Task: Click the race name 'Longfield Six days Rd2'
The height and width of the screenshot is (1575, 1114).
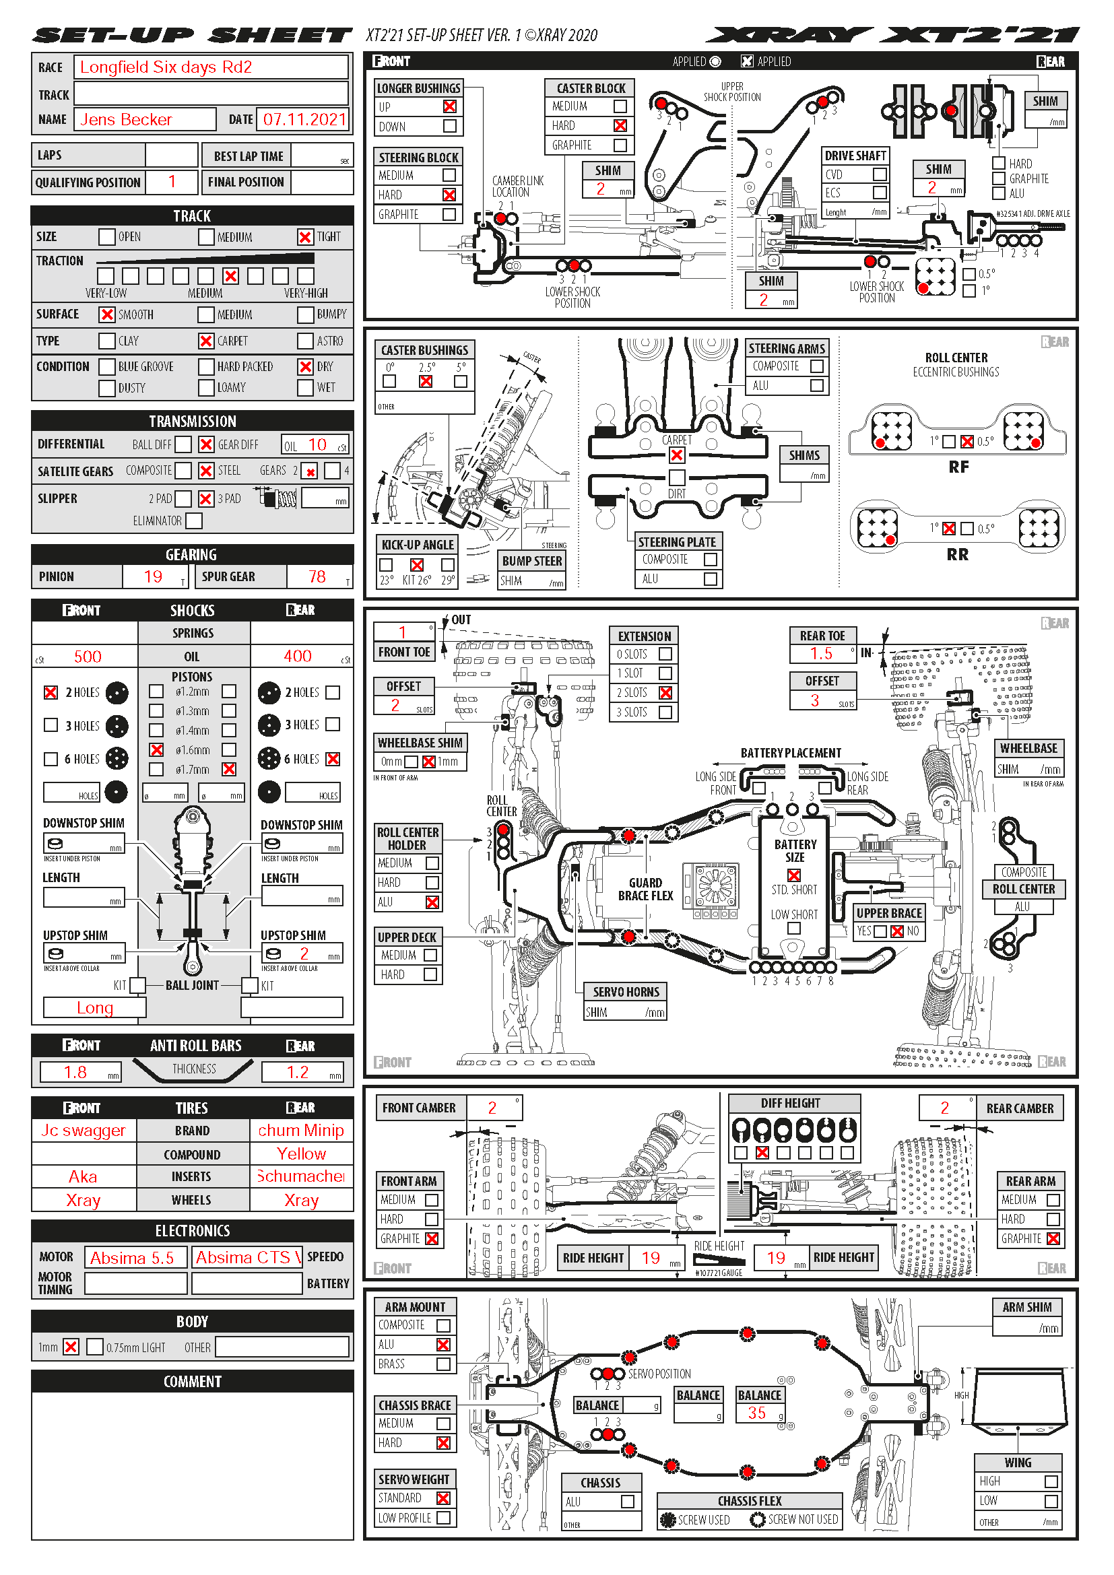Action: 166,67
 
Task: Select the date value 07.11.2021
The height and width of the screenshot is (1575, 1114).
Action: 304,119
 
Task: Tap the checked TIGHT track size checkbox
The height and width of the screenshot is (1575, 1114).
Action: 305,236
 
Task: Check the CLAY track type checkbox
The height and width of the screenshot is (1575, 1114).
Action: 107,341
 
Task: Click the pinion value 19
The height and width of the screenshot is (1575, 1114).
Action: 153,577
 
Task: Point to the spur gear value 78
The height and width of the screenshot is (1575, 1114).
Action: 317,577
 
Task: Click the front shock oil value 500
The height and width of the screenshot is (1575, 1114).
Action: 88,657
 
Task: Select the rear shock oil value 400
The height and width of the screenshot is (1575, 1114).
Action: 298,657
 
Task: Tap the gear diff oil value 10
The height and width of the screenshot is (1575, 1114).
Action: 317,444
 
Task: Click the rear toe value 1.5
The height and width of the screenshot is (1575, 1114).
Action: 821,654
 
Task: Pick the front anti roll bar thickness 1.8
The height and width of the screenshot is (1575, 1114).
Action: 75,1072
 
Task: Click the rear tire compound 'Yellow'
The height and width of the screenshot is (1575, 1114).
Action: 301,1154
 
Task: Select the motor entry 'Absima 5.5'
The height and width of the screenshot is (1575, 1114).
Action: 133,1258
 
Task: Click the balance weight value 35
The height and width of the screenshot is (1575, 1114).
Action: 756,1413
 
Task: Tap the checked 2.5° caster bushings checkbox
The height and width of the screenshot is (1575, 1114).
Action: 426,381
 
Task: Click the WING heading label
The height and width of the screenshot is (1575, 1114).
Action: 1017,1463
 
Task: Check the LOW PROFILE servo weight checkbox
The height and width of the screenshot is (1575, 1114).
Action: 444,1518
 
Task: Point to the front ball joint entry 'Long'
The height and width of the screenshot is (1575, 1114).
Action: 95,1008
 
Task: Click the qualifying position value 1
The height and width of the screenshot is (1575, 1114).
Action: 172,182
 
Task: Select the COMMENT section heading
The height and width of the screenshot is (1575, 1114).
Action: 192,1382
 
